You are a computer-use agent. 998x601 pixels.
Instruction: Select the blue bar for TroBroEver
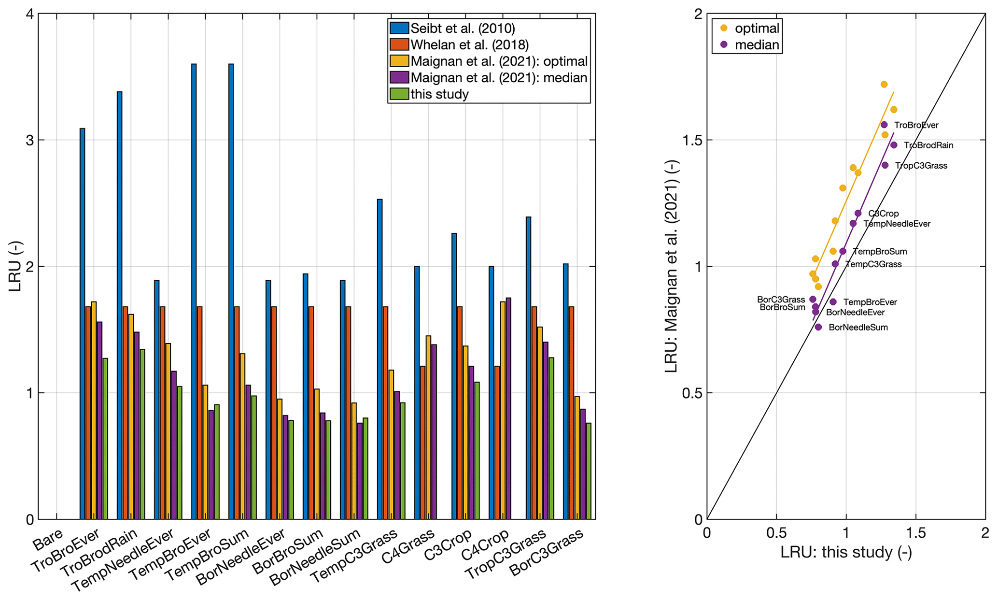(x=82, y=324)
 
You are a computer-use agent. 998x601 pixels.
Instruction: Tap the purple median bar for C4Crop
(x=508, y=408)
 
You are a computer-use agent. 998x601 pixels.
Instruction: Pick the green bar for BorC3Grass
(x=588, y=471)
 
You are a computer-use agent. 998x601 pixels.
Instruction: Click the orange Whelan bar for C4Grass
(x=422, y=443)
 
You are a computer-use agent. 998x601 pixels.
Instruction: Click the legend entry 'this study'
(x=439, y=94)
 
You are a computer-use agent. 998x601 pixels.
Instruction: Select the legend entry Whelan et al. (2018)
(x=469, y=45)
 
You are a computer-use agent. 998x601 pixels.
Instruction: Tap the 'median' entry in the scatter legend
(x=757, y=45)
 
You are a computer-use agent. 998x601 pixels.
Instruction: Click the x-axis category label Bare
(x=48, y=540)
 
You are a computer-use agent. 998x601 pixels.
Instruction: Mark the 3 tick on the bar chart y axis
(x=29, y=140)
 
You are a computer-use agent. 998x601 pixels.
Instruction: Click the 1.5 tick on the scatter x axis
(x=916, y=533)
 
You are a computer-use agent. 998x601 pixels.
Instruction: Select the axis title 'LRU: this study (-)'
(x=846, y=552)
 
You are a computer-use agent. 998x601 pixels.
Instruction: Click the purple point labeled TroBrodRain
(x=894, y=145)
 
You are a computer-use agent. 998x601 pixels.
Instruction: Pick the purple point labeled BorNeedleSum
(x=818, y=327)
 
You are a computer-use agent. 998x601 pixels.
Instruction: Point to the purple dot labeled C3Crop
(x=858, y=213)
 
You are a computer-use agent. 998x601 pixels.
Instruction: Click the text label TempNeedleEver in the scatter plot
(x=897, y=224)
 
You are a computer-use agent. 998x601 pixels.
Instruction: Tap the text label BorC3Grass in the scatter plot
(x=781, y=300)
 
